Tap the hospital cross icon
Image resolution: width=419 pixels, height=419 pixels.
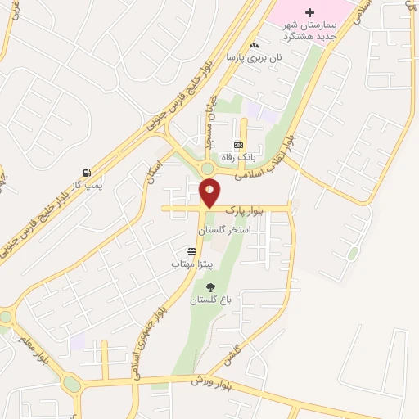point(309,12)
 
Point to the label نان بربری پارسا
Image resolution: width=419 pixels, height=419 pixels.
point(254,59)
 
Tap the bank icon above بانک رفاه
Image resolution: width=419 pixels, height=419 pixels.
point(238,145)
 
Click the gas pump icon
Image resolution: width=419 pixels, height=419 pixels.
point(87,173)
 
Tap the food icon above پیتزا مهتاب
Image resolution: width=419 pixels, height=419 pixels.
point(191,251)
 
